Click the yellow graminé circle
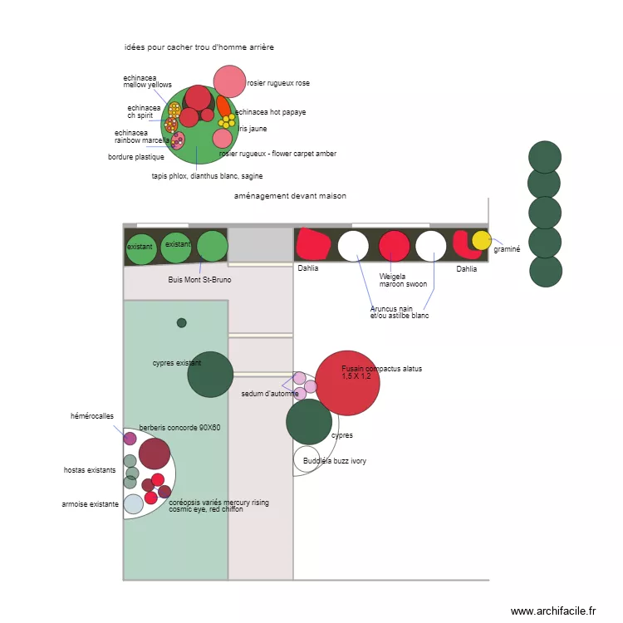(482, 240)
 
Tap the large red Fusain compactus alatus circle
(347, 382)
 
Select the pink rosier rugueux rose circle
(229, 81)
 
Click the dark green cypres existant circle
(210, 374)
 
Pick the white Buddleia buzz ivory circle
(307, 459)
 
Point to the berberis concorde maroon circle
(155, 454)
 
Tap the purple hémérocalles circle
(130, 438)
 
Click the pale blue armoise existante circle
(134, 504)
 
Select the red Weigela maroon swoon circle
(395, 246)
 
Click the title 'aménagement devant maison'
(290, 196)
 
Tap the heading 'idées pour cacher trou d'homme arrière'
(199, 47)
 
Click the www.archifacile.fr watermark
(553, 611)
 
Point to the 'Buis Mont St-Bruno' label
(199, 280)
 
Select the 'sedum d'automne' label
(269, 394)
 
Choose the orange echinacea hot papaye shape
(223, 106)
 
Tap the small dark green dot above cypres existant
(182, 322)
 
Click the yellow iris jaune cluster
(228, 121)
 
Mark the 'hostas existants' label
(90, 470)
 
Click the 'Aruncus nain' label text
(391, 309)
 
